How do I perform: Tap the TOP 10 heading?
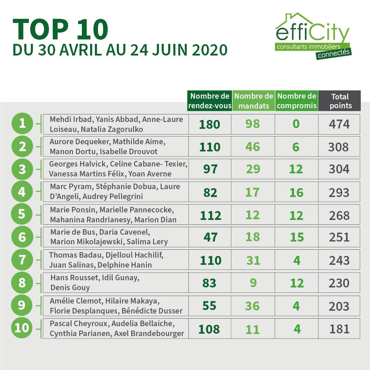tap(60, 29)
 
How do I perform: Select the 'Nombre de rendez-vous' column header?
tap(210, 101)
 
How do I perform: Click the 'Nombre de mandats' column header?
tap(254, 101)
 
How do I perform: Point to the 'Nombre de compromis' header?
tap(297, 101)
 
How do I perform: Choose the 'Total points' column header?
tap(340, 101)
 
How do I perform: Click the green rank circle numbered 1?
tap(22, 123)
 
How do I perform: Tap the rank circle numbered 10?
tap(22, 328)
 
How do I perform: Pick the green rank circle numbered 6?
tap(22, 237)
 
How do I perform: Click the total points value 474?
tap(339, 124)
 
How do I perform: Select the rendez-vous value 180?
tap(210, 124)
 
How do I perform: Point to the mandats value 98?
tap(252, 124)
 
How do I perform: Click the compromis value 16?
tap(296, 193)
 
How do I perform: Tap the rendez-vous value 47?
tap(210, 237)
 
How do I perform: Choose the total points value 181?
tap(339, 329)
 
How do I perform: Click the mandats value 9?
tap(253, 283)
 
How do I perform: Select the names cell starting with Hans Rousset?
tap(116, 282)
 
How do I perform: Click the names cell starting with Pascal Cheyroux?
tap(116, 329)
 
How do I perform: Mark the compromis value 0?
tap(296, 124)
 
